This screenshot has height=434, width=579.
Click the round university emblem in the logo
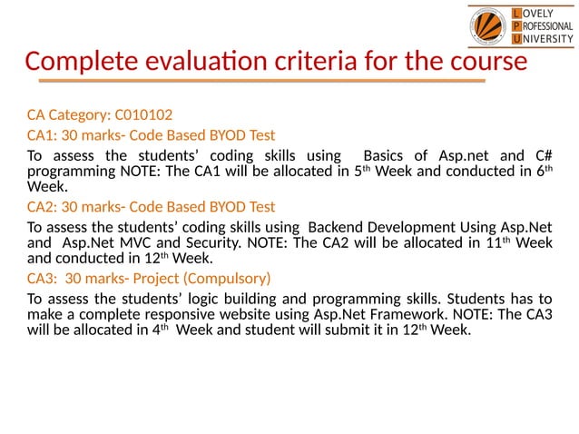(489, 26)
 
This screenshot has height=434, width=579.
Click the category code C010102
(143, 115)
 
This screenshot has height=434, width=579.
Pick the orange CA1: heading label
(42, 135)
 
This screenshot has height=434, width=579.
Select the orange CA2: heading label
(42, 207)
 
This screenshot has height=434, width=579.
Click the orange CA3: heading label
(42, 279)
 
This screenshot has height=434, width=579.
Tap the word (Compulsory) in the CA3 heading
(228, 279)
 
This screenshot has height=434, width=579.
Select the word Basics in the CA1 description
(385, 155)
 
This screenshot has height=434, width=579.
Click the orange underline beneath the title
(254, 81)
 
